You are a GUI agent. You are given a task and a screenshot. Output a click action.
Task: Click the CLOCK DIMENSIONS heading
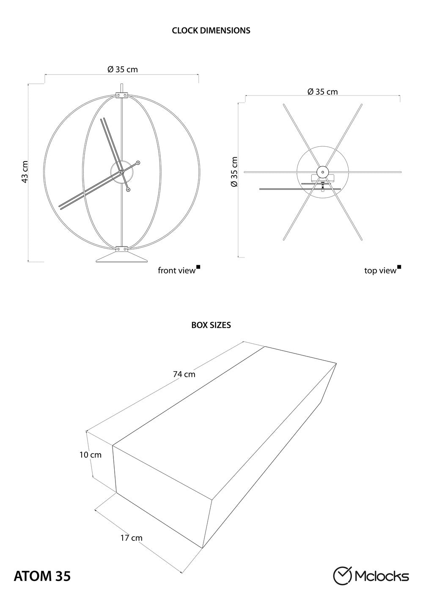[x=211, y=30]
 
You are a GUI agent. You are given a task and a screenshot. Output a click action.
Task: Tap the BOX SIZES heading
[x=211, y=325]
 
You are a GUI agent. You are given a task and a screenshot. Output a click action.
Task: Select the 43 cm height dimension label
[x=25, y=172]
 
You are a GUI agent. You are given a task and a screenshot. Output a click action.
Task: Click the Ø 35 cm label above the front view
[x=123, y=69]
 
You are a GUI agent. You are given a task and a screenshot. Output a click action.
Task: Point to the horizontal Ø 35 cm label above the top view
[x=322, y=92]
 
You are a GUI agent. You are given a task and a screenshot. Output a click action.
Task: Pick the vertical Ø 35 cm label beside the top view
[x=234, y=172]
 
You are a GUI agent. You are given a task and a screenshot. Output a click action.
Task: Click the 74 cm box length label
[x=184, y=374]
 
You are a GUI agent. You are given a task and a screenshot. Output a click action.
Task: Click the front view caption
[x=177, y=271]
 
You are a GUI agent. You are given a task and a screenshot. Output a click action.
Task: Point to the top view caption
[x=380, y=271]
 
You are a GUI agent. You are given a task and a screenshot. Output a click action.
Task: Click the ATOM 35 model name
[x=42, y=574]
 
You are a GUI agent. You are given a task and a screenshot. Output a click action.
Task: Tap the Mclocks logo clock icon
[x=342, y=574]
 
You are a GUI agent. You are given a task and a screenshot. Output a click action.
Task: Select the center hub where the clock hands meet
[x=122, y=172]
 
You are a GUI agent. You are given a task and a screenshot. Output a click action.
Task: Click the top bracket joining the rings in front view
[x=122, y=95]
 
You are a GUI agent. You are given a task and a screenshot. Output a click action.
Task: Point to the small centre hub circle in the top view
[x=322, y=172]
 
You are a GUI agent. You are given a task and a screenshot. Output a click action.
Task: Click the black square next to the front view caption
[x=198, y=267]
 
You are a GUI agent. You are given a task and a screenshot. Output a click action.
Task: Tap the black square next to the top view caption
[x=399, y=267]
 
